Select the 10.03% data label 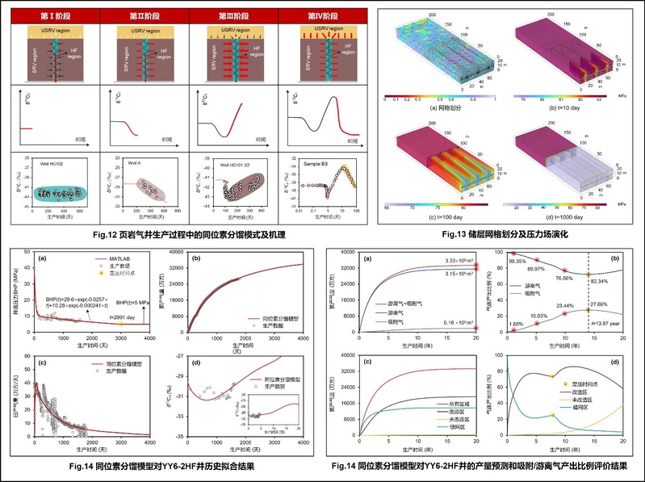pyautogui.click(x=540, y=316)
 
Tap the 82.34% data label pyautogui.click(x=606, y=280)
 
